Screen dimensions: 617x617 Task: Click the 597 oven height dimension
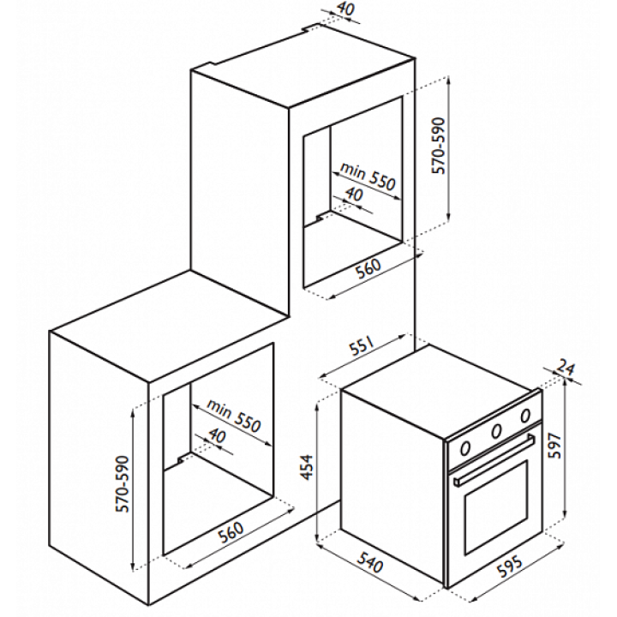tap(554, 446)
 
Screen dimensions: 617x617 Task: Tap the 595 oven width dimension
tap(511, 566)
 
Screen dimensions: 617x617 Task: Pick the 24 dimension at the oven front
tap(566, 368)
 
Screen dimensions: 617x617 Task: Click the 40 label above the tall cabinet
tap(345, 9)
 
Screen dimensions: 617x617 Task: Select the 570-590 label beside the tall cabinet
tap(438, 146)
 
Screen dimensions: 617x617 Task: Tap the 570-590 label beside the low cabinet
tap(123, 484)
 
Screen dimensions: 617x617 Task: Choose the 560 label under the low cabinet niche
tap(231, 531)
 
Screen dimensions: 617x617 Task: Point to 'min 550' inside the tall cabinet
tap(367, 177)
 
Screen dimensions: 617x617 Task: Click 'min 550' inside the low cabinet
tap(234, 416)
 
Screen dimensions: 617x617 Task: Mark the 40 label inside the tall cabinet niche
tap(354, 194)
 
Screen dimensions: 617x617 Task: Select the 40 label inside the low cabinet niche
tap(217, 435)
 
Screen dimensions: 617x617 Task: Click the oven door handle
tap(494, 459)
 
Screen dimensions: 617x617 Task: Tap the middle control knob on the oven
tap(496, 431)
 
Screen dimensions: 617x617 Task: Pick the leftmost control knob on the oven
tap(465, 447)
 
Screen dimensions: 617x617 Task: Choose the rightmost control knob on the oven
tap(525, 415)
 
